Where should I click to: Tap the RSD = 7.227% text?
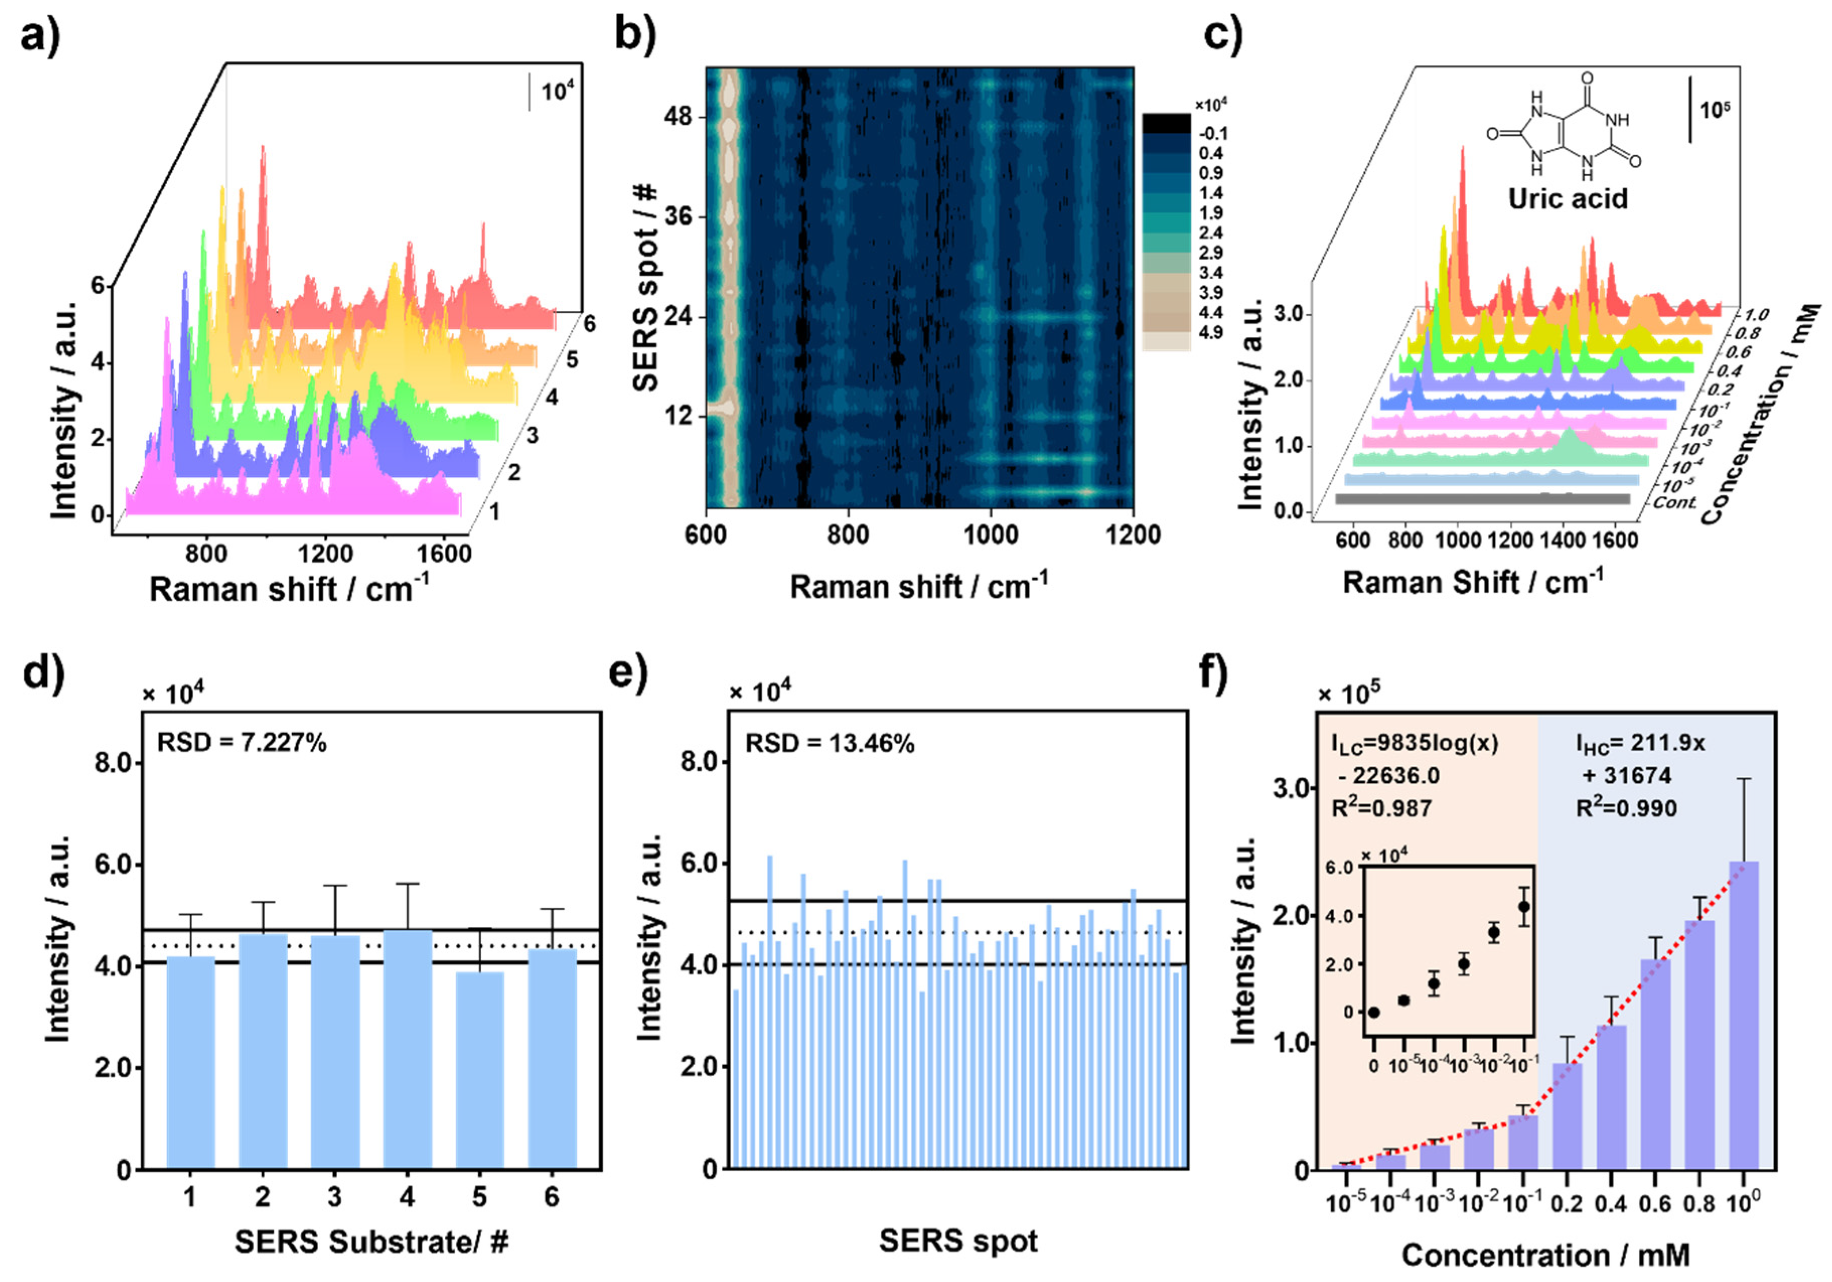(x=242, y=744)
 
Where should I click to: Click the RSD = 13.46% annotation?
(x=829, y=744)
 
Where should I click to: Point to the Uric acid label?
(x=1567, y=199)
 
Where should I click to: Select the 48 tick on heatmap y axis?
(x=679, y=117)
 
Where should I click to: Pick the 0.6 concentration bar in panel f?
(x=1655, y=1064)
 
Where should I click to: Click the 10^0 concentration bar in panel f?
(x=1742, y=1015)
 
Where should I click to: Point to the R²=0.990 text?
(x=1626, y=808)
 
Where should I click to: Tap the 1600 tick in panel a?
(x=443, y=553)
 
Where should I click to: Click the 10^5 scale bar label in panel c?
(x=1714, y=109)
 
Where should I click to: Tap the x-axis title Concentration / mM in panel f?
(x=1546, y=1255)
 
